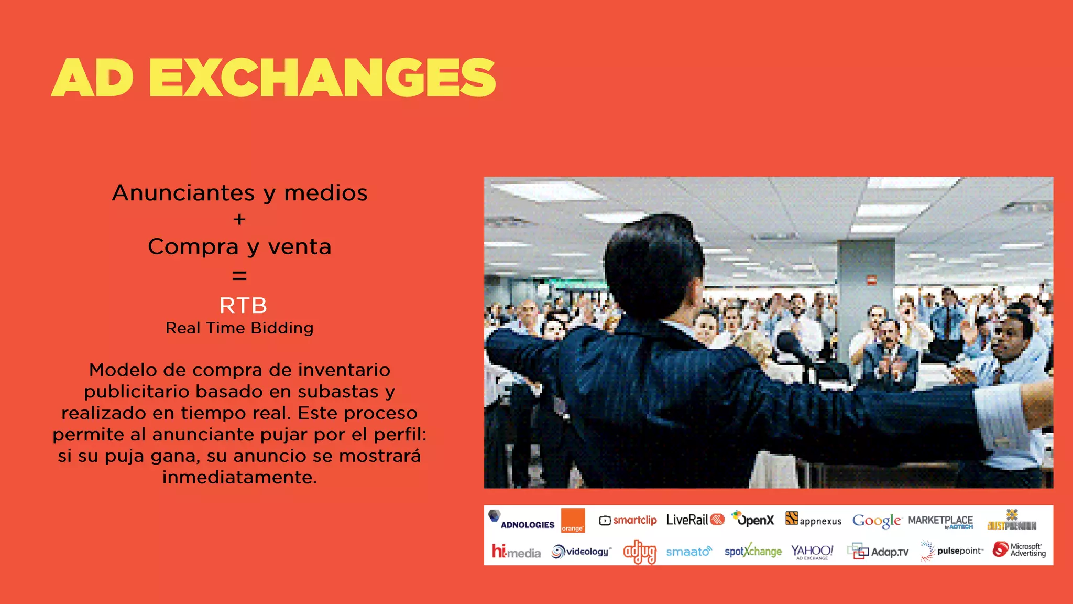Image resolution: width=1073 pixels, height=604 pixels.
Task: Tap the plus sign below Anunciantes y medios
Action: pyautogui.click(x=239, y=219)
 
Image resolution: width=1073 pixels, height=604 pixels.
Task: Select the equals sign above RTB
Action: pyautogui.click(x=239, y=275)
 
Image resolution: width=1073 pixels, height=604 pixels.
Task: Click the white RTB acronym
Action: pyautogui.click(x=243, y=305)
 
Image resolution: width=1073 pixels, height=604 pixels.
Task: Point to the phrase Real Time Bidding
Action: pyautogui.click(x=239, y=328)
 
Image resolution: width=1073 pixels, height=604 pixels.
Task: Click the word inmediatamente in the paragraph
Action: pyautogui.click(x=239, y=478)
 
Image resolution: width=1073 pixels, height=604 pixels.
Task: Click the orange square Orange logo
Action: pyautogui.click(x=573, y=520)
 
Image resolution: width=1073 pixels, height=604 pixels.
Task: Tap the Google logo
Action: pyautogui.click(x=877, y=521)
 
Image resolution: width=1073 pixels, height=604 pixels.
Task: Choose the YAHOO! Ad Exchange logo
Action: pyautogui.click(x=812, y=552)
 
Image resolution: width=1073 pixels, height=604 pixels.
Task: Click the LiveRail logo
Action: pyautogui.click(x=695, y=520)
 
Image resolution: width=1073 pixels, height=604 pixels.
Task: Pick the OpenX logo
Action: pyautogui.click(x=753, y=519)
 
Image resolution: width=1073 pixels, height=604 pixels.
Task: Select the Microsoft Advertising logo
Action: pyautogui.click(x=1019, y=549)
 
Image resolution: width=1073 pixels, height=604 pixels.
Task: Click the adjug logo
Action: pyautogui.click(x=639, y=552)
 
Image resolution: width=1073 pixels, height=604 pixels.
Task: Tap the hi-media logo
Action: pyautogui.click(x=516, y=552)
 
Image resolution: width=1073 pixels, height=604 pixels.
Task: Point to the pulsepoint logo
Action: pyautogui.click(x=952, y=551)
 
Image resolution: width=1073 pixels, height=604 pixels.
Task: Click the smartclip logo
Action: pyautogui.click(x=628, y=520)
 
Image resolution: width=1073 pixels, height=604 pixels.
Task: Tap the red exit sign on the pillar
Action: pyautogui.click(x=871, y=279)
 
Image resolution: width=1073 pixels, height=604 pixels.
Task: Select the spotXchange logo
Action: pyautogui.click(x=752, y=551)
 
